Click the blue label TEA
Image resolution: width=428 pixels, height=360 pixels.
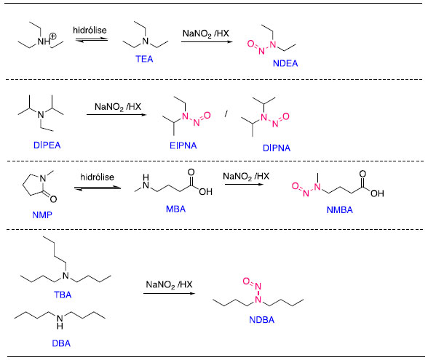coord(144,59)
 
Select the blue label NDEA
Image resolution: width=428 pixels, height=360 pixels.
coord(285,63)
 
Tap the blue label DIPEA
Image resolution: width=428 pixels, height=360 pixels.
coord(47,145)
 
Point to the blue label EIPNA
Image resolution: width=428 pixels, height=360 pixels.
coord(183,145)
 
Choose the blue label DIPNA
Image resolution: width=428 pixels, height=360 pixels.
coord(277,148)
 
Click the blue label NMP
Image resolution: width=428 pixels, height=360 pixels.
coord(42,215)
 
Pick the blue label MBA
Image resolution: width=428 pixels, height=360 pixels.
coord(176,209)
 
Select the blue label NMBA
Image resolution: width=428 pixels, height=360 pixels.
coord(339,209)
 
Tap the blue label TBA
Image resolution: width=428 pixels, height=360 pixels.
coord(63,295)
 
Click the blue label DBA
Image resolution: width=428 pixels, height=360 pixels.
coord(61,343)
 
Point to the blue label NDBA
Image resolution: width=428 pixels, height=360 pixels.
coord(261,320)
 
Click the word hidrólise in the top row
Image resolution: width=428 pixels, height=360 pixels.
coord(90,30)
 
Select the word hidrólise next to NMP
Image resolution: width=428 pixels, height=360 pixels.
coord(98,177)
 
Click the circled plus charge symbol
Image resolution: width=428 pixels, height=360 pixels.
coord(53,36)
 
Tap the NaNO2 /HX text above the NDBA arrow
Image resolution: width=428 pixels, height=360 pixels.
coord(169,285)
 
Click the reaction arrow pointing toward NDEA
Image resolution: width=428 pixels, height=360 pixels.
coord(207,41)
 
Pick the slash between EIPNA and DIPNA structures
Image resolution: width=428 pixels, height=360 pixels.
coord(226,114)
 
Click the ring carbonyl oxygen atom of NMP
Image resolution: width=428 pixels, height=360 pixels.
coord(54,199)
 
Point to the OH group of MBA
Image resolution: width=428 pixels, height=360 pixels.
coord(205,191)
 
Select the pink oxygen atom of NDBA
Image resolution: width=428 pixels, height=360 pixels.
coord(246,281)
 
